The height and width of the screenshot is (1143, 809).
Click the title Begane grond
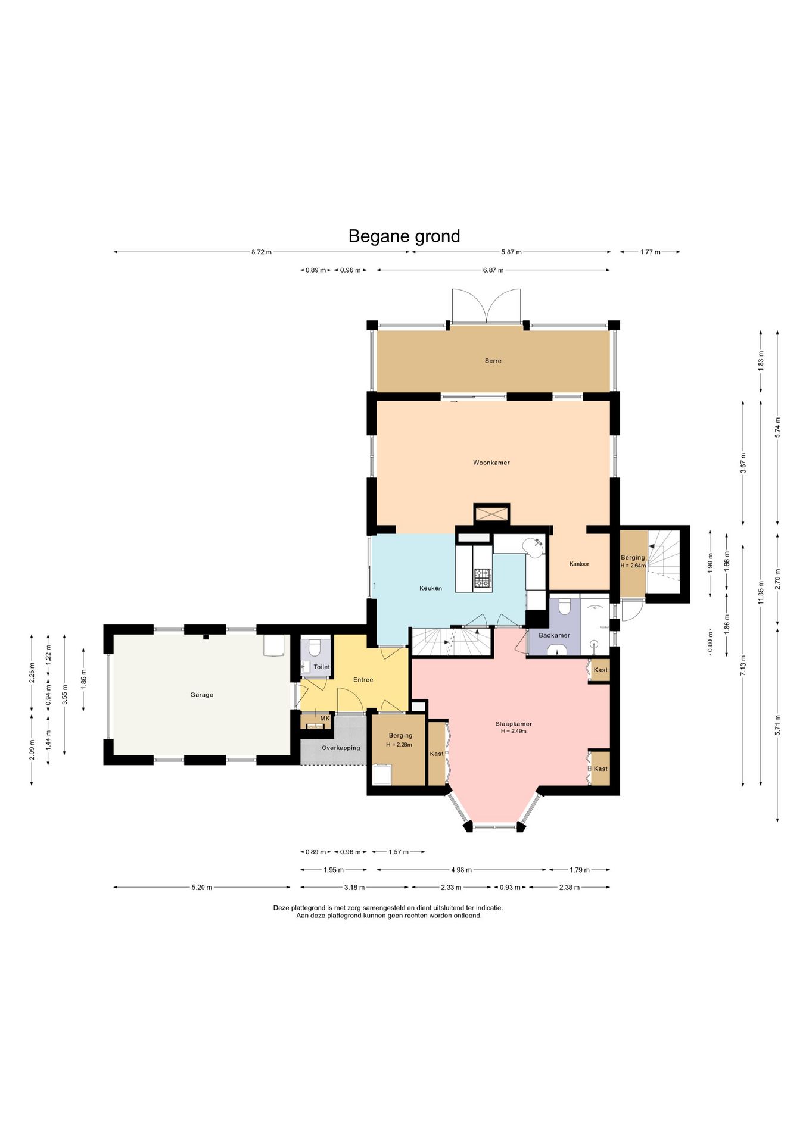click(404, 236)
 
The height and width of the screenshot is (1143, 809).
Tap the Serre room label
click(493, 361)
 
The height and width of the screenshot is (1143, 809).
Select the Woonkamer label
click(491, 463)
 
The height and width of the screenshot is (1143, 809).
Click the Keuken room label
click(431, 588)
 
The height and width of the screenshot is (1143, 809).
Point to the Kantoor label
click(579, 564)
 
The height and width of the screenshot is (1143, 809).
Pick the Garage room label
click(201, 695)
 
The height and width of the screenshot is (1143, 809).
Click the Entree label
click(363, 680)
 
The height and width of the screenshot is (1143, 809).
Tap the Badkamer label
click(554, 635)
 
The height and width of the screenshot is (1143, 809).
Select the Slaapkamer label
click(514, 724)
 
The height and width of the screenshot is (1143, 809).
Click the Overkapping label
click(341, 748)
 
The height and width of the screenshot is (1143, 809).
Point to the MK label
click(325, 719)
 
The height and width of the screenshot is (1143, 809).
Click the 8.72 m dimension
click(261, 252)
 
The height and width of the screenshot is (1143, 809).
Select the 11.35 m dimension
click(761, 592)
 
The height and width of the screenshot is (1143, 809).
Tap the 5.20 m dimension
click(202, 888)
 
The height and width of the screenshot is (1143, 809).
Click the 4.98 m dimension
click(461, 870)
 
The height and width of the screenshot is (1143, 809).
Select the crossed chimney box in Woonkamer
click(491, 514)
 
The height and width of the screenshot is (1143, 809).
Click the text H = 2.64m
click(633, 566)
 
